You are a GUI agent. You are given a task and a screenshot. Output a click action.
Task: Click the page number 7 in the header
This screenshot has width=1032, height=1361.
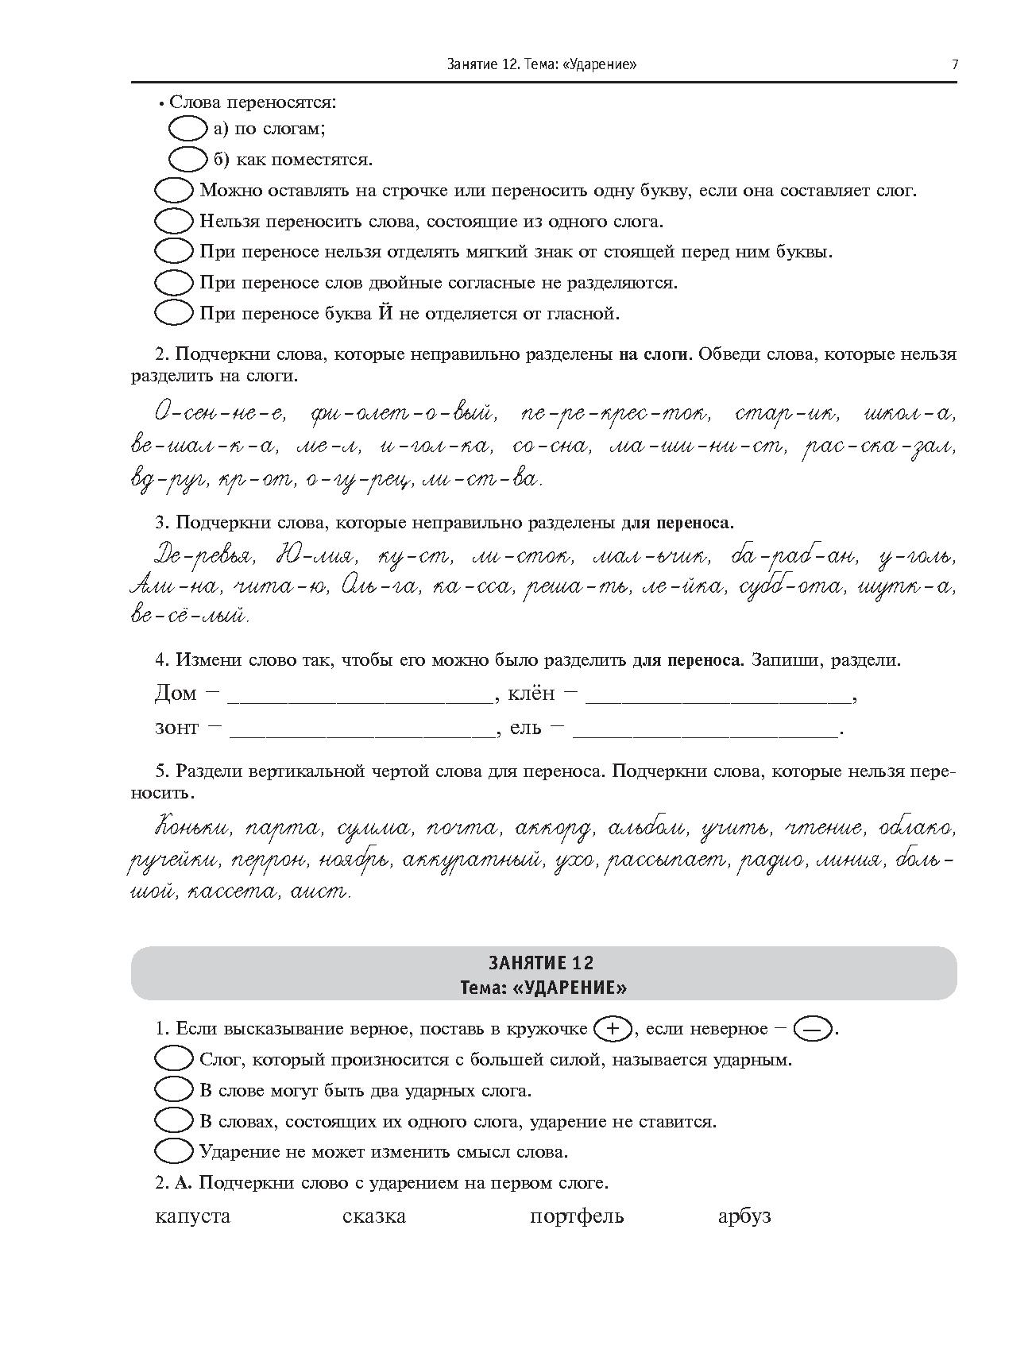point(954,64)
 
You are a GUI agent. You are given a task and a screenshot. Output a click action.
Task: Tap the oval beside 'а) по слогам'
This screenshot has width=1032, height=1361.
point(188,129)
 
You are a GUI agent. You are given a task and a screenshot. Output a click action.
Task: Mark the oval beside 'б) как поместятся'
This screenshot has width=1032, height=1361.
point(188,160)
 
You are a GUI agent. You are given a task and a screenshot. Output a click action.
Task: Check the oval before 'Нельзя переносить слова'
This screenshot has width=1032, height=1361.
point(173,221)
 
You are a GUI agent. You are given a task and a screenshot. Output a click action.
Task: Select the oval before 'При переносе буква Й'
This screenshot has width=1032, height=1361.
point(173,313)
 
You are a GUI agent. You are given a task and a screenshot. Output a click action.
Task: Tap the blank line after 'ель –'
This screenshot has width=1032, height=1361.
point(705,730)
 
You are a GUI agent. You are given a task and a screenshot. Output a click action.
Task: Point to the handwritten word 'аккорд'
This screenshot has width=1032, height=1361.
point(553,829)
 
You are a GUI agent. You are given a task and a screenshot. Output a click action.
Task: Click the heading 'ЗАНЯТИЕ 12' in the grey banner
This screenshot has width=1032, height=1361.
point(543,962)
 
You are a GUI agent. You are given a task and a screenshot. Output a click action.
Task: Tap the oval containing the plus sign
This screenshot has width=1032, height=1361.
point(612,1029)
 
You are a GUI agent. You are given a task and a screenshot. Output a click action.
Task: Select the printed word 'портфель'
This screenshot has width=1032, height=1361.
point(577,1216)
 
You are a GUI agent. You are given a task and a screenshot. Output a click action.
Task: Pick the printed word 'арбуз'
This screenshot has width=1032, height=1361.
point(744,1216)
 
